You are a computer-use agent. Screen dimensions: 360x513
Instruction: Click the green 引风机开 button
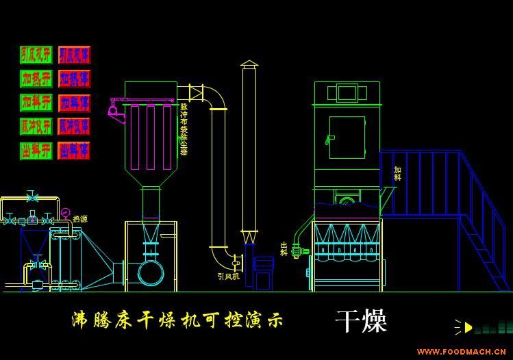click(x=36, y=55)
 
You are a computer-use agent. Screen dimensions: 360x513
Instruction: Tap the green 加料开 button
click(x=36, y=103)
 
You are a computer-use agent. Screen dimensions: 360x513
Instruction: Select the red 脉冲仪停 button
click(x=74, y=127)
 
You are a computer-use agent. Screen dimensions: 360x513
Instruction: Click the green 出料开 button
click(x=36, y=151)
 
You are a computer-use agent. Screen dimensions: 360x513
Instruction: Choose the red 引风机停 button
click(x=74, y=55)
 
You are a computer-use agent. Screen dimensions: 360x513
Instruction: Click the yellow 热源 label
click(x=80, y=219)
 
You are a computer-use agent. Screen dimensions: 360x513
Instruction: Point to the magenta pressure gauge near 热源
click(x=64, y=213)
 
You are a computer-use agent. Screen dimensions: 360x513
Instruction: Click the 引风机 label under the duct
click(x=228, y=277)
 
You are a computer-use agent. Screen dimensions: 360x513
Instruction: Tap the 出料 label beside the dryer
click(x=284, y=248)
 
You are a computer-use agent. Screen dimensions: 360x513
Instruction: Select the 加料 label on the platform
click(x=397, y=173)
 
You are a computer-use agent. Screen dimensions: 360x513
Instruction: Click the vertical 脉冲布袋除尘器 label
click(x=184, y=129)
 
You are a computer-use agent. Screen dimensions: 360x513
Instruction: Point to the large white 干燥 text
click(x=361, y=321)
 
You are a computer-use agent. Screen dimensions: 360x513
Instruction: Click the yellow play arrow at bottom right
click(x=468, y=327)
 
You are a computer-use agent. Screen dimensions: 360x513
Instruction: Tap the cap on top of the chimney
click(x=249, y=64)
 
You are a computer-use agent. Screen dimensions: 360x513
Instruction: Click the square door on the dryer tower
click(x=347, y=137)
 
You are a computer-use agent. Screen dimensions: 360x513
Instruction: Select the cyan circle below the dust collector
click(x=151, y=272)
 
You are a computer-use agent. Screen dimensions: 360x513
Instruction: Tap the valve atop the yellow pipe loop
click(x=32, y=197)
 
